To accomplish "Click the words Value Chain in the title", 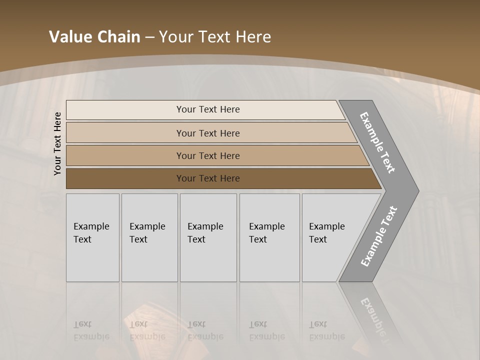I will pos(94,37).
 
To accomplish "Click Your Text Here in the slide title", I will pos(215,37).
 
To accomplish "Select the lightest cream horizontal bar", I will pos(125,109).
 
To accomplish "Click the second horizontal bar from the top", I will pos(125,133).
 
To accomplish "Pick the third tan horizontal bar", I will pos(125,155).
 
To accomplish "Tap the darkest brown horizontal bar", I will pos(125,178).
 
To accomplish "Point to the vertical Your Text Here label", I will pos(57,143).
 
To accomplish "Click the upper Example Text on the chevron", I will pos(377,142).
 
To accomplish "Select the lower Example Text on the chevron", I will pos(378,236).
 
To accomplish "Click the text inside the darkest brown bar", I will pos(208,178).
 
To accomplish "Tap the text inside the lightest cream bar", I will pos(208,109).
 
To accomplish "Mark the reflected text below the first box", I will pos(91,330).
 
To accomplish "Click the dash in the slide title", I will pos(149,37).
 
